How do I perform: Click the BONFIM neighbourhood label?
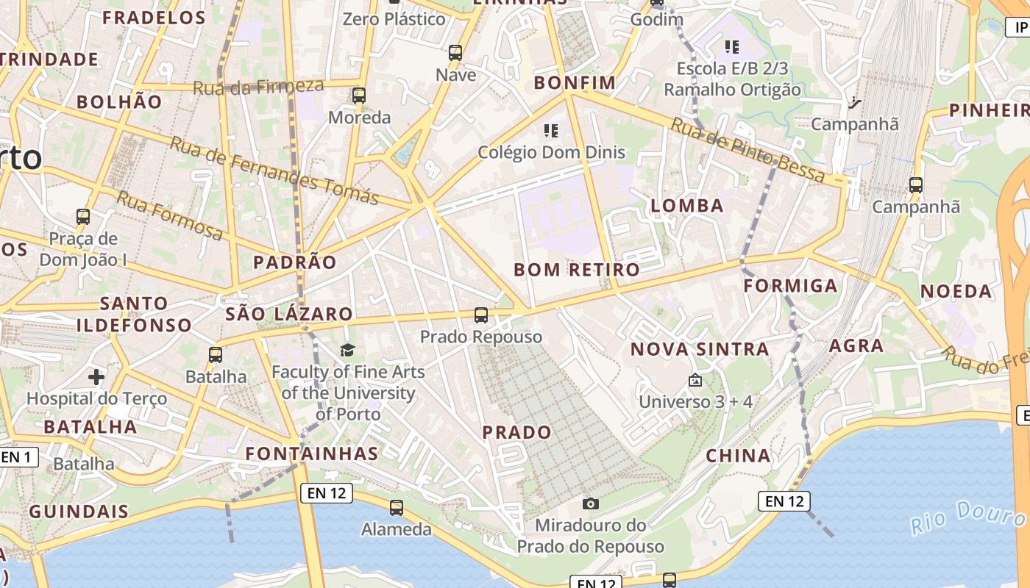pos(575,82)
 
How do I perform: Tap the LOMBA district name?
pos(687,205)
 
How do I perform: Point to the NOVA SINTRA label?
pos(700,349)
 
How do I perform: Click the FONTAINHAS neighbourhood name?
pos(312,453)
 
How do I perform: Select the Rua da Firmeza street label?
pos(258,87)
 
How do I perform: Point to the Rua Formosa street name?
pos(170,215)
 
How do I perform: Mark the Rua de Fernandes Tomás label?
pos(274,171)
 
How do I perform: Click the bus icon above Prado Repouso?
pos(481,315)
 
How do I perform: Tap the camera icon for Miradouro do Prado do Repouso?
pos(590,503)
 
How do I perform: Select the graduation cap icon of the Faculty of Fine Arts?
pos(347,350)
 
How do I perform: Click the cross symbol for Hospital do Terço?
pos(96,377)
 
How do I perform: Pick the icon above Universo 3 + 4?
pos(695,380)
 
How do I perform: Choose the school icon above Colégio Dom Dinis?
pos(551,131)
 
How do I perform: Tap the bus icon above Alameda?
pos(397,507)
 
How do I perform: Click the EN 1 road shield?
pos(16,457)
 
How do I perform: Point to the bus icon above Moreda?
pos(359,96)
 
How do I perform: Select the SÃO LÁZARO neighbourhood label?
pos(289,314)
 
